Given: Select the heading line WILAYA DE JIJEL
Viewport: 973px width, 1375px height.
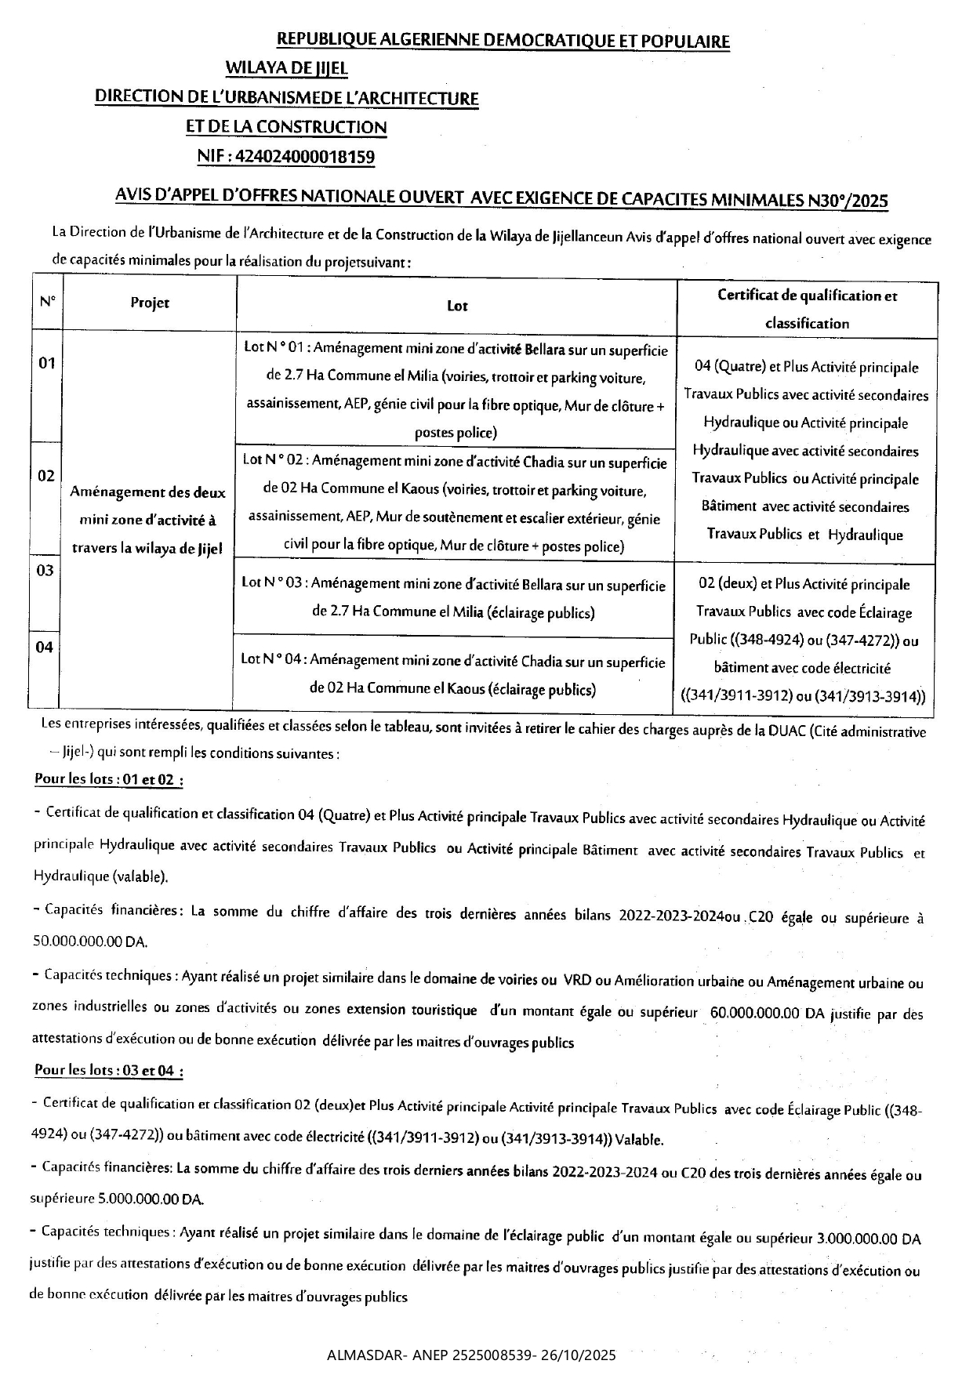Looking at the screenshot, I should point(287,69).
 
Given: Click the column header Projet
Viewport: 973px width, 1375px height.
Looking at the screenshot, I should point(150,303).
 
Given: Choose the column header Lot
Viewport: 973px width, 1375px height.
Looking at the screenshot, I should point(456,306).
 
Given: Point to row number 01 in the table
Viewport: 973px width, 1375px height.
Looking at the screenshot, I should point(47,363).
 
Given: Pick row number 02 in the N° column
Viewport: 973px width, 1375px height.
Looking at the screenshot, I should point(46,476).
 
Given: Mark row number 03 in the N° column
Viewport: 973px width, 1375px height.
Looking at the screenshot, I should point(45,571).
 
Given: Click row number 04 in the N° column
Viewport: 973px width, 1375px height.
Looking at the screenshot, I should point(45,648).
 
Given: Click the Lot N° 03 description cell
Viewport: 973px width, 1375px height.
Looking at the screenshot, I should point(454,598).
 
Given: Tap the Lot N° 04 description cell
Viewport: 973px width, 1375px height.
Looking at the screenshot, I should point(453,675).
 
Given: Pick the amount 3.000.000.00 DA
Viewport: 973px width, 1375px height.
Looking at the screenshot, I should point(868,1239).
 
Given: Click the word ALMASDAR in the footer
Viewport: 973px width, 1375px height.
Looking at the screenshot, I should point(358,1355).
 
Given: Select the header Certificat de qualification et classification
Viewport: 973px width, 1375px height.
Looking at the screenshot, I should point(807,309).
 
